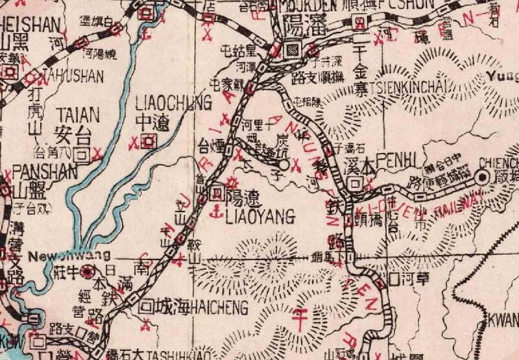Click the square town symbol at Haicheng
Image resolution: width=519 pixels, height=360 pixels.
148,305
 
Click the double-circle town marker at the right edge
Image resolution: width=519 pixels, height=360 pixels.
482,176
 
